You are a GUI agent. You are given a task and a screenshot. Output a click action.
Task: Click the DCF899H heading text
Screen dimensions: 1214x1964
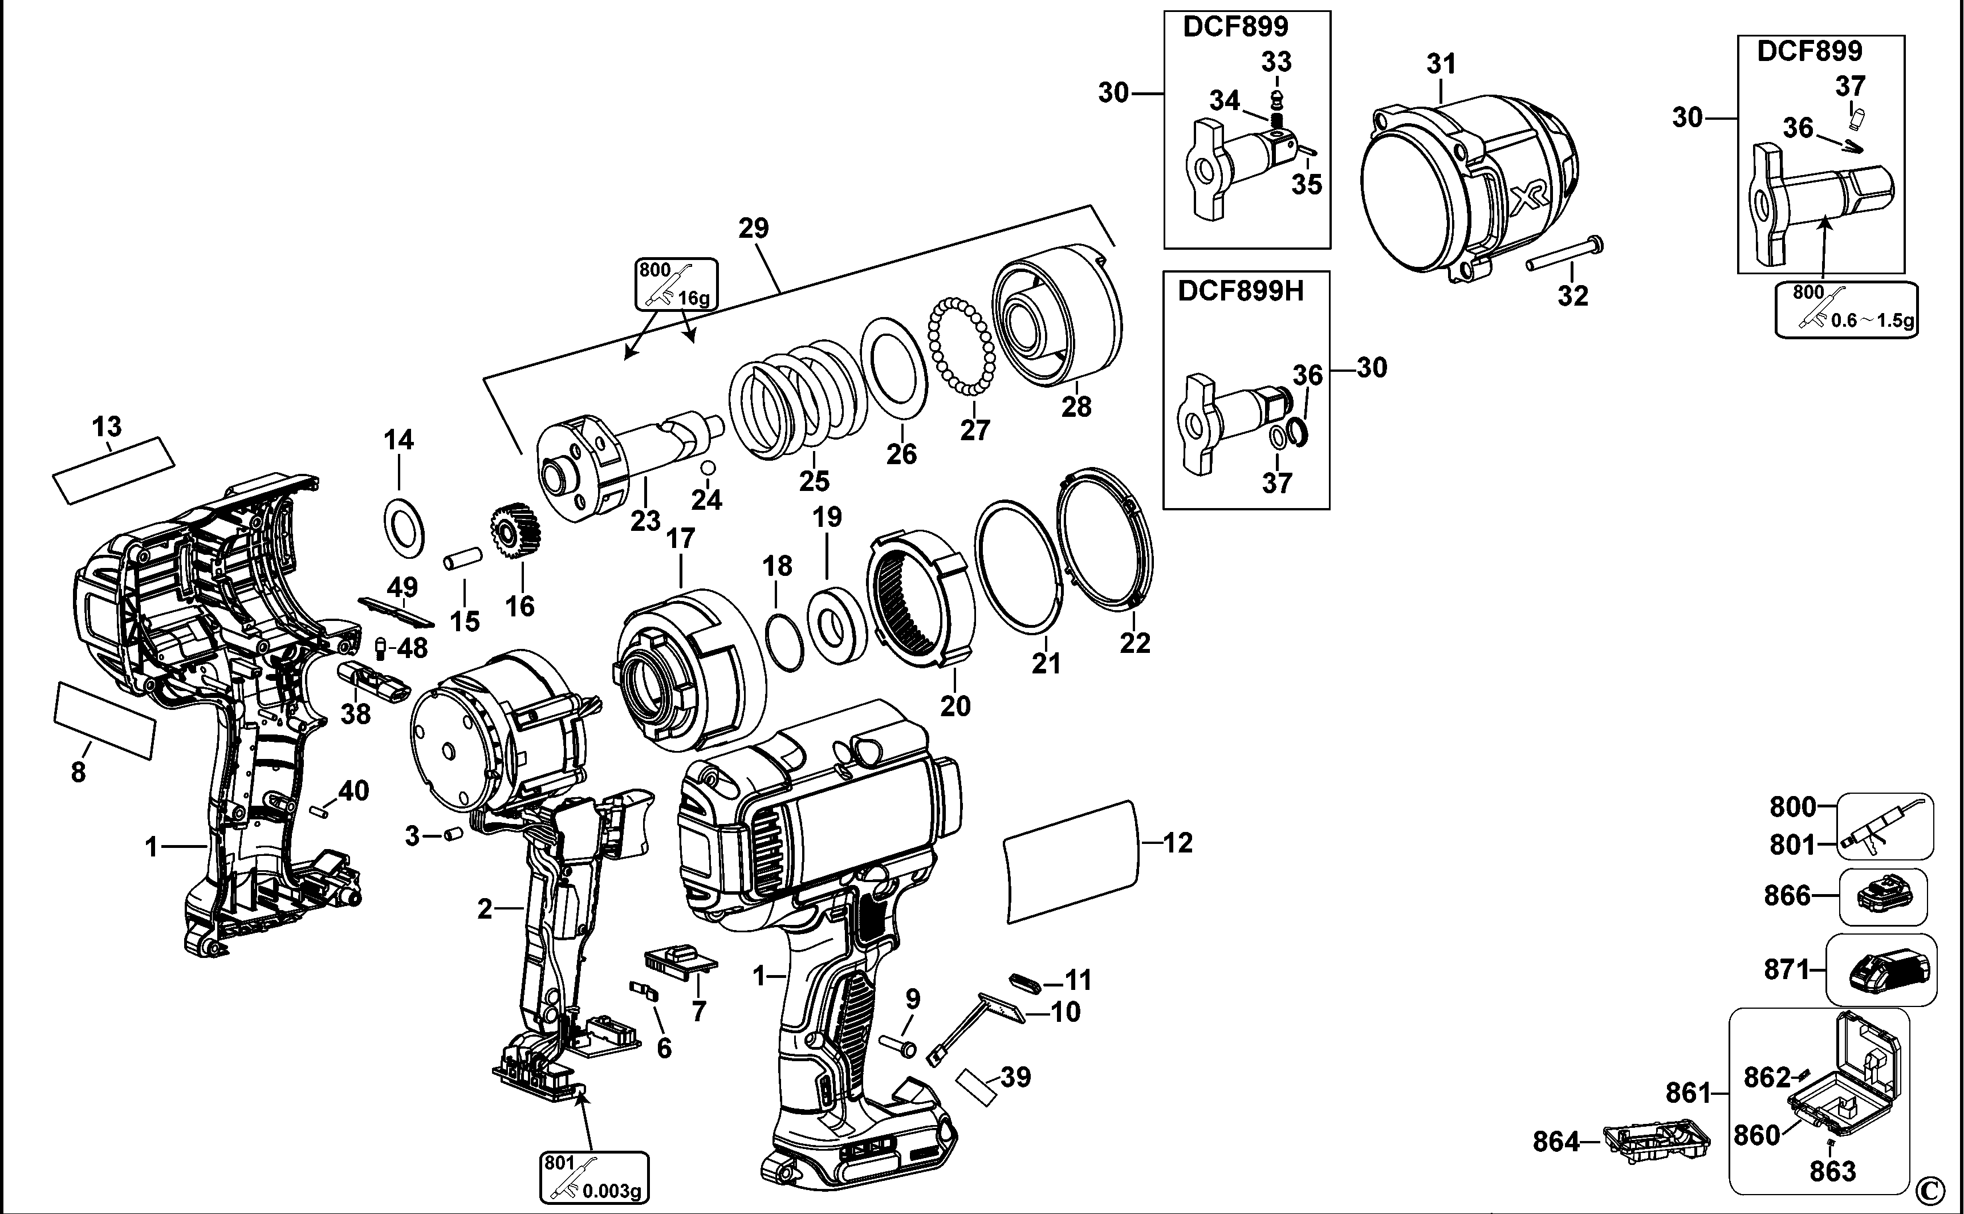1240,291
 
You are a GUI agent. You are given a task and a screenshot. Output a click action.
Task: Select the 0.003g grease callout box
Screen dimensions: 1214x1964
594,1178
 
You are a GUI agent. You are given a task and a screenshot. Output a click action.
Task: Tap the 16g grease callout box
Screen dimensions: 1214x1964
676,284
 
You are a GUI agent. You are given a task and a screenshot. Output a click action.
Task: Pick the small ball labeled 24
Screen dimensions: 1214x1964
708,467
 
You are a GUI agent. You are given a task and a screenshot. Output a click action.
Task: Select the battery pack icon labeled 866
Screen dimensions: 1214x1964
1882,896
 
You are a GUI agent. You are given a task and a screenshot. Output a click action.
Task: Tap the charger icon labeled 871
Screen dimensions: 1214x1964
1881,969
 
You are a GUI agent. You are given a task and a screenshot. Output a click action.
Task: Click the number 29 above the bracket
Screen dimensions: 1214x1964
753,228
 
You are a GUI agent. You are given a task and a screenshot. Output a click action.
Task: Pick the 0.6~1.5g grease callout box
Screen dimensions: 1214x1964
1845,310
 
